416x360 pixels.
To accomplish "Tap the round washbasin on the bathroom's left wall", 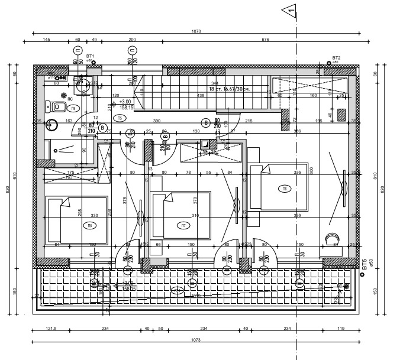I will [52, 125].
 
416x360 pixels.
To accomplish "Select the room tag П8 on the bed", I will [90, 225].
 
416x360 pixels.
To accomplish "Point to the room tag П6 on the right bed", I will [285, 189].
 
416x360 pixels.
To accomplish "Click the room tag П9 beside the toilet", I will [72, 109].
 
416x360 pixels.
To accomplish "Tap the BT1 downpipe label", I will [91, 56].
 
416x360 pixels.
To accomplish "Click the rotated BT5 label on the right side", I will [365, 264].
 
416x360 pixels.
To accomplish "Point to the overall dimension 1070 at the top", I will [196, 31].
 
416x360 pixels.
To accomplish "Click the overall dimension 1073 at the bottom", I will [196, 340].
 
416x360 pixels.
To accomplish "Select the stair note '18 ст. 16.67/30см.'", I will [229, 89].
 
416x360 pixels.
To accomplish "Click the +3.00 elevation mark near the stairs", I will [125, 102].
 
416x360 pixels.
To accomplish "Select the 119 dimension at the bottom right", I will [340, 329].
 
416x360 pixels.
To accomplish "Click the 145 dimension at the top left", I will [46, 40].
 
